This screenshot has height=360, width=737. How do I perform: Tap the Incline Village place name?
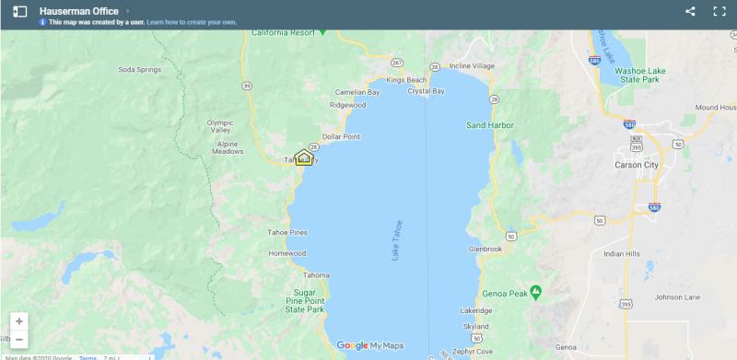click(472, 66)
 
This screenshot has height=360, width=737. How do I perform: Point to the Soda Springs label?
click(139, 69)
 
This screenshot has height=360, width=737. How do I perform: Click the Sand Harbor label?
click(488, 124)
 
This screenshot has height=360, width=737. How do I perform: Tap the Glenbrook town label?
click(485, 249)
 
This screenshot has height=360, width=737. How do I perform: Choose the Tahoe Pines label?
click(287, 232)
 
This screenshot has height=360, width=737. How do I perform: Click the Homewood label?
click(287, 253)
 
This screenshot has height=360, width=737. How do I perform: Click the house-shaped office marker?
click(304, 157)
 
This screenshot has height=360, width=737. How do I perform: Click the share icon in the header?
click(691, 11)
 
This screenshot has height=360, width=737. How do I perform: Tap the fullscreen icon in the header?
click(719, 11)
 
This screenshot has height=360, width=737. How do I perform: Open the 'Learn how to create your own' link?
click(191, 21)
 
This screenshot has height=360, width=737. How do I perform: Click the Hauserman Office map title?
click(78, 10)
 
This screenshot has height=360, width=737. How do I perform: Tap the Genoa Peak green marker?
click(536, 293)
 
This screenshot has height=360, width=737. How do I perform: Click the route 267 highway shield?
click(397, 63)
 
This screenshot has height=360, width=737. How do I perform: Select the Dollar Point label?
click(340, 136)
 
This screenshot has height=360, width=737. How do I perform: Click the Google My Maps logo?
click(369, 345)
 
